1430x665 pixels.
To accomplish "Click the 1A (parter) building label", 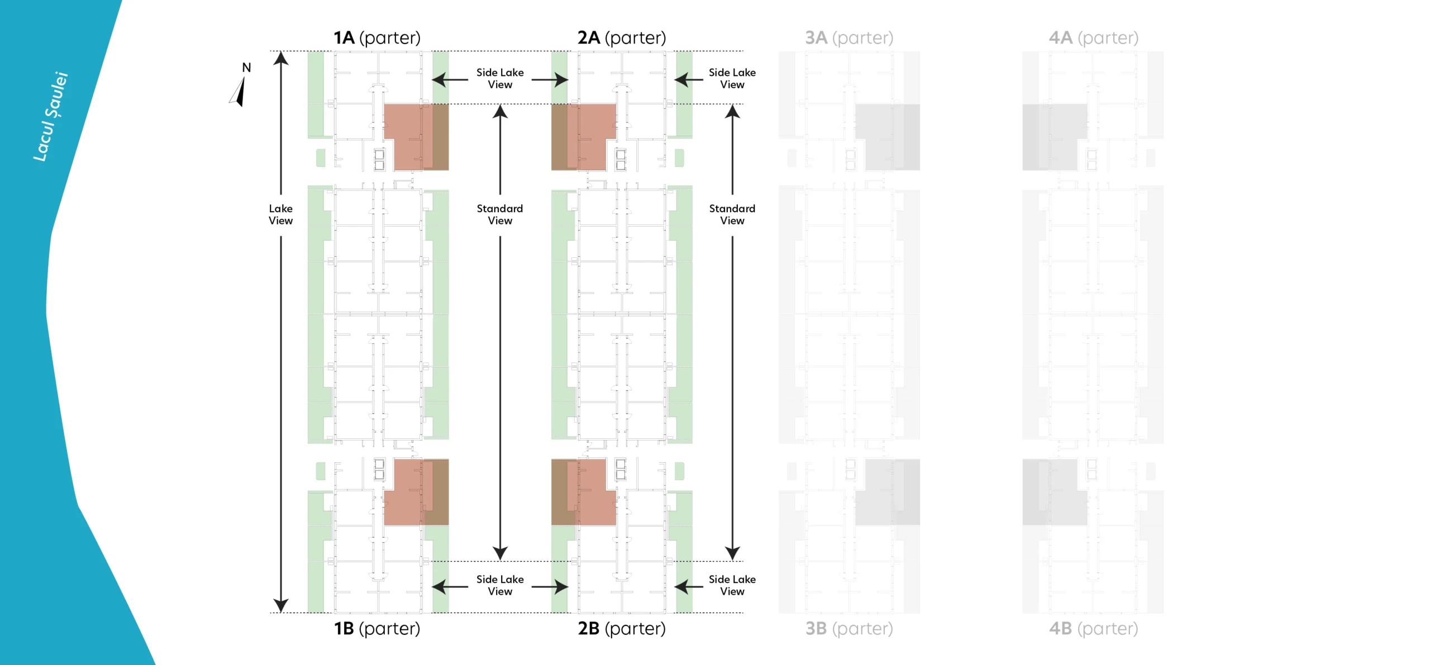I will [377, 37].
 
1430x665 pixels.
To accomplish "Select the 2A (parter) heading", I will [621, 37].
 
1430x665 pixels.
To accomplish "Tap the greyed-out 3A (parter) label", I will [849, 37].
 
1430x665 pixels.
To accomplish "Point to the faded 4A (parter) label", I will [1093, 37].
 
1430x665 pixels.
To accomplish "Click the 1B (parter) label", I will [377, 628].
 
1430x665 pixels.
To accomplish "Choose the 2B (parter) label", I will [621, 628].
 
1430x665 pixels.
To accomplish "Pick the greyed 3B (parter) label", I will [849, 628].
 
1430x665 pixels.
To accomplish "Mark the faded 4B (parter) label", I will [1093, 628].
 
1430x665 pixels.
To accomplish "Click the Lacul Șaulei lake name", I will [50, 117].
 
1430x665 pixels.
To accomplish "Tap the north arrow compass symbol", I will [239, 91].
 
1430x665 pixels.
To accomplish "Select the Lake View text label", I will [280, 214].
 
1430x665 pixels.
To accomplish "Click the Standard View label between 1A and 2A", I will [500, 214].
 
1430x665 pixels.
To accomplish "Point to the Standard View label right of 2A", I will [732, 214].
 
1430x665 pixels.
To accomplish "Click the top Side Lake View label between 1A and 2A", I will [500, 78].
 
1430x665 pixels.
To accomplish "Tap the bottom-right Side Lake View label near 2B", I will [732, 585].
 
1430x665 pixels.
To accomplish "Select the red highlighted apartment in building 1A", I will [413, 137].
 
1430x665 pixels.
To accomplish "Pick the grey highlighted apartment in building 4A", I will [1053, 137].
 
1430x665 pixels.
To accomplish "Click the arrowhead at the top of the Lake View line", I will [280, 58].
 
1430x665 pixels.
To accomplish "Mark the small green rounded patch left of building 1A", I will [321, 157].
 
